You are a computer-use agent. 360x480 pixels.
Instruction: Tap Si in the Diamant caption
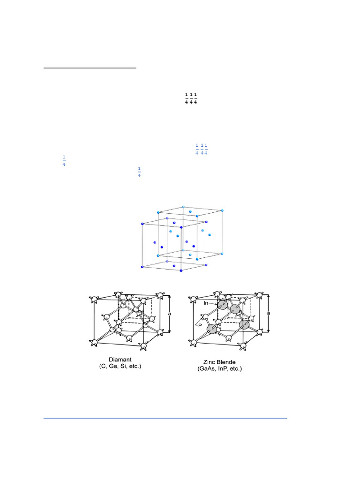click(x=121, y=367)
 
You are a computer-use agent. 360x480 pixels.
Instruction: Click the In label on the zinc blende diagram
click(x=205, y=303)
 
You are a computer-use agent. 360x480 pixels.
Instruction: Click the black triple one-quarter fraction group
click(x=190, y=99)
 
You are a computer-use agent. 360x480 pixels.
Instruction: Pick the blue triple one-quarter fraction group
click(x=201, y=150)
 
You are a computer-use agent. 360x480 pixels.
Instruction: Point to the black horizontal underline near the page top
click(x=90, y=68)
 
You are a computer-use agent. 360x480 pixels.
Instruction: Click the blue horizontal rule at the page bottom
click(x=165, y=418)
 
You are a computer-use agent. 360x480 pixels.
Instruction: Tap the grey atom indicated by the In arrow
click(x=223, y=306)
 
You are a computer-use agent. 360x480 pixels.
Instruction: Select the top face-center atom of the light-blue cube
click(x=190, y=212)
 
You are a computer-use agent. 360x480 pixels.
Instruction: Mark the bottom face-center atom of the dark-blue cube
click(x=174, y=266)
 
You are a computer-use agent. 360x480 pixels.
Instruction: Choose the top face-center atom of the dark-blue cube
click(x=174, y=223)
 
